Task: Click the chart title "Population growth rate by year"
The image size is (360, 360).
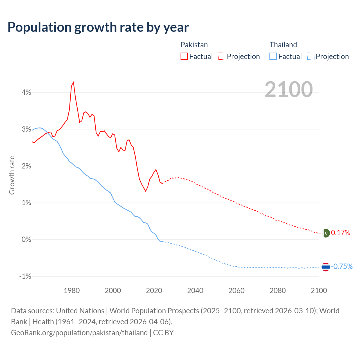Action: [98, 27]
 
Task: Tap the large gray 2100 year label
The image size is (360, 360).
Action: [289, 89]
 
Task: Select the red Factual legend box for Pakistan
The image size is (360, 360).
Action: [184, 57]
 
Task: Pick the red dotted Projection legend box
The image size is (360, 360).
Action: [222, 57]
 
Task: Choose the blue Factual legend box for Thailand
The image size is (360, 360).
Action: [273, 57]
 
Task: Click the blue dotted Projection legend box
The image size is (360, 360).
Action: [310, 57]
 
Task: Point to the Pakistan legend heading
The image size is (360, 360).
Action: [194, 45]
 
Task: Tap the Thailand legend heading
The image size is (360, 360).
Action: [283, 45]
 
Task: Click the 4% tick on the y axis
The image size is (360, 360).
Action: [26, 92]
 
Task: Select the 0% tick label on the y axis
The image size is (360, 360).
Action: [26, 239]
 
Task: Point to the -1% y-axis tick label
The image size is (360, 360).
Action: [25, 276]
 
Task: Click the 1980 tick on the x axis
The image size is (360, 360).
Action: [72, 291]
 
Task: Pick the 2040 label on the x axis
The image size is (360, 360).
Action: [195, 291]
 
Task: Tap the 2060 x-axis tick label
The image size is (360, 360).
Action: [236, 291]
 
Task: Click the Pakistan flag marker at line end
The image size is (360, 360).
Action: [326, 233]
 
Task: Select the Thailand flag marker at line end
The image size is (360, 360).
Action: [326, 267]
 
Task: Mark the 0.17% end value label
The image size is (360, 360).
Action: [341, 233]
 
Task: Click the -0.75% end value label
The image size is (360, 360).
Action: [342, 267]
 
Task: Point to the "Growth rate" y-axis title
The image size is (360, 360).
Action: [12, 175]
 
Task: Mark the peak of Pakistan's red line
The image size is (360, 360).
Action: [73, 82]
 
